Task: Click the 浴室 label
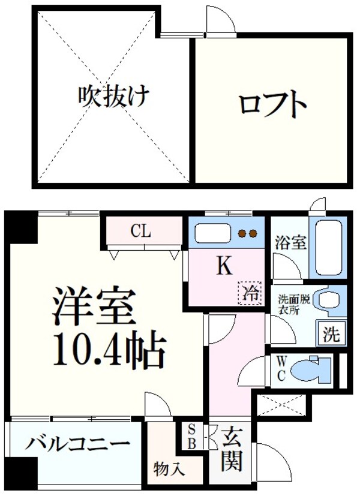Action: point(291,243)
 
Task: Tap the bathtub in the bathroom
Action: point(328,246)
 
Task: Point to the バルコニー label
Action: point(77,444)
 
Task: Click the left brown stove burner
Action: point(242,233)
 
